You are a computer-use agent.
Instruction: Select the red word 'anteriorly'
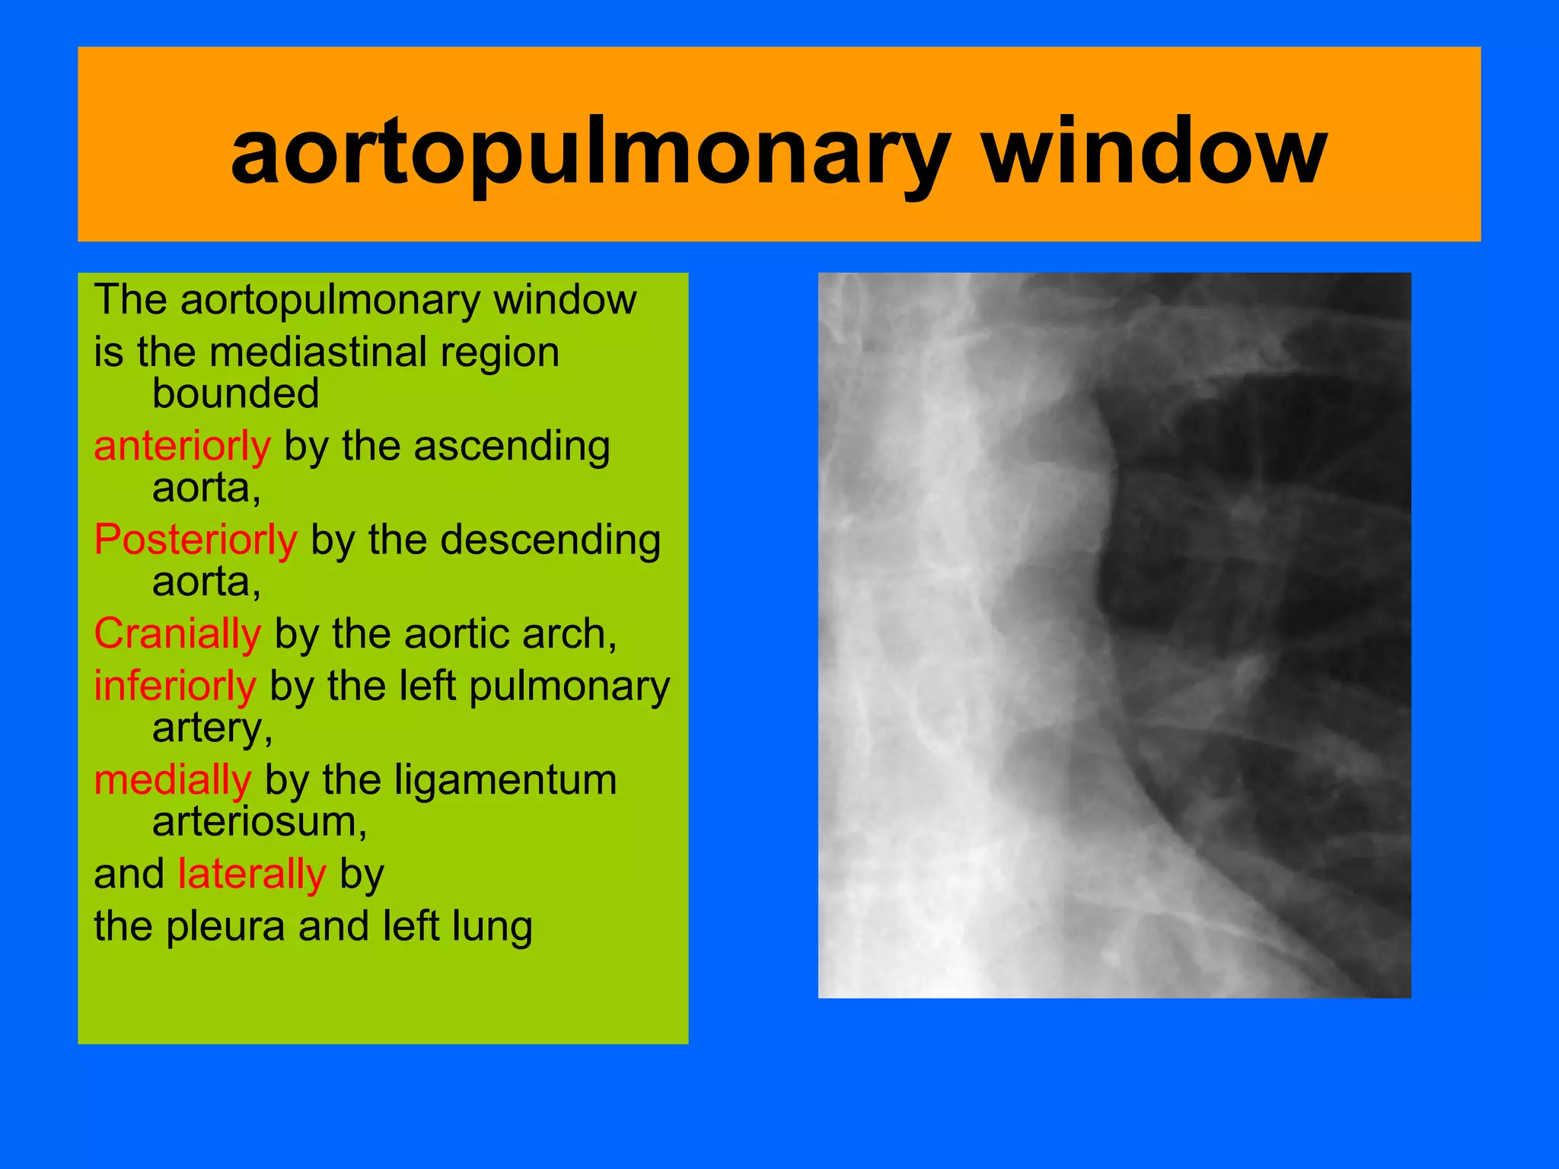pos(182,446)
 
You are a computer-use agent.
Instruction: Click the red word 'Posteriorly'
pos(196,540)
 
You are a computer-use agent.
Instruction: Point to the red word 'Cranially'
pos(177,633)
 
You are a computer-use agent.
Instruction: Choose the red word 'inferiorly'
pos(175,686)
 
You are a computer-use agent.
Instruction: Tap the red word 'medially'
pos(173,781)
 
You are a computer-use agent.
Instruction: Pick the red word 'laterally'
pos(252,874)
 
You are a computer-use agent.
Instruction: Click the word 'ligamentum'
pos(470,781)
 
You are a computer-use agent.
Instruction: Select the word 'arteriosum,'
pos(260,822)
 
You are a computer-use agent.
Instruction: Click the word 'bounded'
pos(235,393)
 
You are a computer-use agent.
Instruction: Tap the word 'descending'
pos(552,540)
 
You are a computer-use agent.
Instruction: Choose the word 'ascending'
pos(512,446)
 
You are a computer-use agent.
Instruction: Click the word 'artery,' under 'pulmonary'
pos(212,728)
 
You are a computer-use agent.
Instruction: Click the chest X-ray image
pos(1114,635)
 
